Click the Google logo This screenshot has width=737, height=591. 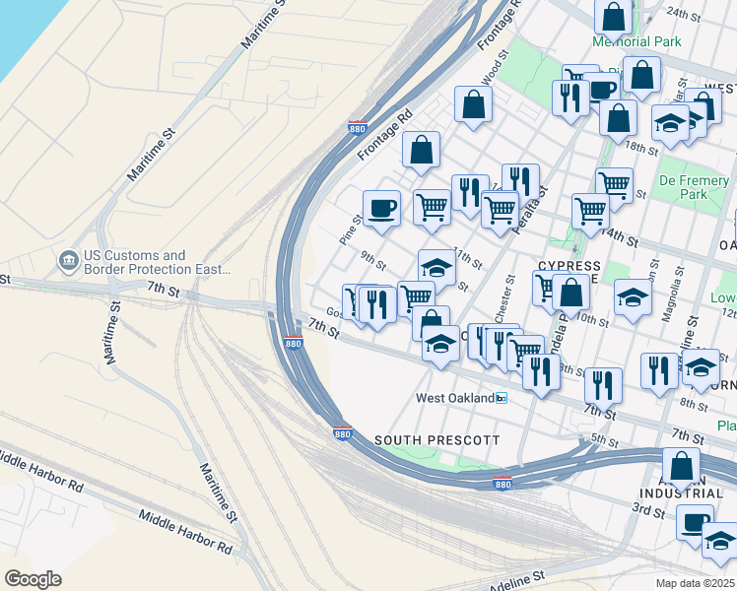click(x=33, y=579)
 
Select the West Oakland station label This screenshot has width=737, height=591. click(x=454, y=398)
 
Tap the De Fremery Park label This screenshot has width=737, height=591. click(x=694, y=187)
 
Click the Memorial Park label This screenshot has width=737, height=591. click(x=636, y=41)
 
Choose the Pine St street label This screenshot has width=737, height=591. click(x=349, y=230)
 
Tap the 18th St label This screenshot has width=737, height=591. click(x=640, y=148)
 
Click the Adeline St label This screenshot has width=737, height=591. click(x=516, y=578)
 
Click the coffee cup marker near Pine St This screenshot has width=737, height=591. click(x=381, y=208)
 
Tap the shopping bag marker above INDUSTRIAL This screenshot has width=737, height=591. click(x=681, y=465)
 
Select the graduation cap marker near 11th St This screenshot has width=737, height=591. click(x=436, y=266)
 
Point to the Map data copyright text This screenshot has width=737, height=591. click(x=697, y=583)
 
